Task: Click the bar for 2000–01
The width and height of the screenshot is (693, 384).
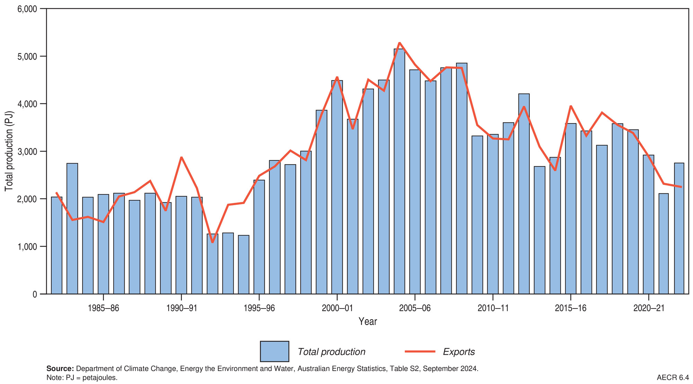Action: [x=337, y=187]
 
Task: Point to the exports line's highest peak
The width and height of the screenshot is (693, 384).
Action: [x=399, y=43]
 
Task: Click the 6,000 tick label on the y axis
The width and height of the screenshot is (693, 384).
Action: [x=27, y=9]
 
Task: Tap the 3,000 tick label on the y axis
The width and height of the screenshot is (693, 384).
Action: [x=27, y=151]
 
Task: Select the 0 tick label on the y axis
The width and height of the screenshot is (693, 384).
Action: [x=34, y=294]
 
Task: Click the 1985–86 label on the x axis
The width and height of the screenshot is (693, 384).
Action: [x=103, y=308]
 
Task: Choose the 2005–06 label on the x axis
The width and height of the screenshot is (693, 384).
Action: [x=415, y=308]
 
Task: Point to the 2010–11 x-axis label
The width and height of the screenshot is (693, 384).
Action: [x=493, y=308]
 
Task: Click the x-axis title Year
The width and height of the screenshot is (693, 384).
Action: [x=368, y=321]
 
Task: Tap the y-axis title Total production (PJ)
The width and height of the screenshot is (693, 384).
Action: [x=9, y=151]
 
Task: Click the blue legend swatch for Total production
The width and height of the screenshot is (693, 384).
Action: [x=274, y=351]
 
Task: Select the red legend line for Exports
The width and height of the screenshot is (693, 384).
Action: [x=420, y=351]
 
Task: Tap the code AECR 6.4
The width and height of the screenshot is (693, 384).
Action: [x=673, y=377]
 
